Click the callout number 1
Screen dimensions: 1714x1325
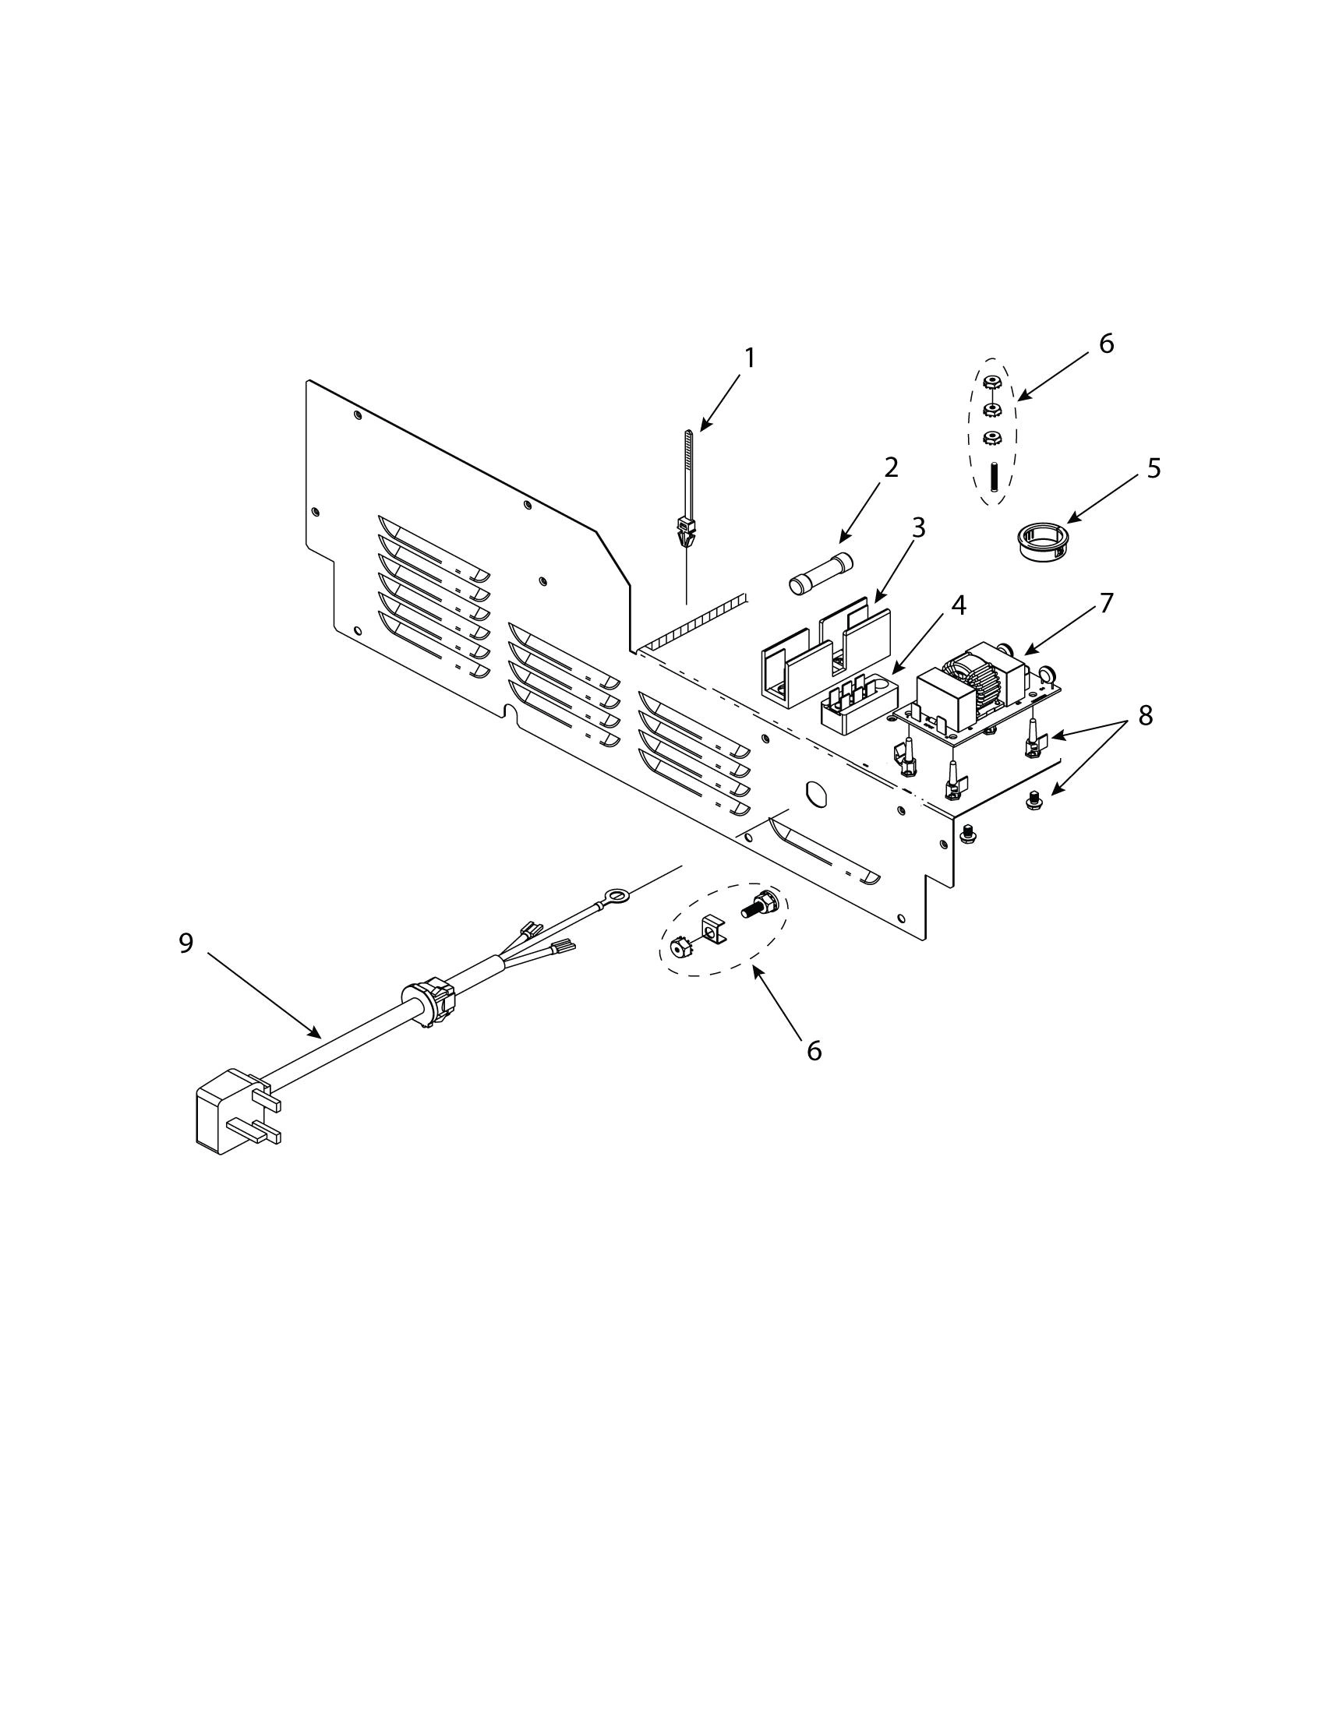pos(750,358)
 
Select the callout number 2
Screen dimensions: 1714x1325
pos(890,467)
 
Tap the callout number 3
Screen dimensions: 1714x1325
pos(917,527)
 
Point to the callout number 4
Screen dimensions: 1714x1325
pos(958,605)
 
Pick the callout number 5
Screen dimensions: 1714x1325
pos(1153,467)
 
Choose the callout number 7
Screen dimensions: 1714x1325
pos(1105,603)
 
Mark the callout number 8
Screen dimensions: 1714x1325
pos(1145,715)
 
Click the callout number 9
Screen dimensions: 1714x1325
pos(185,943)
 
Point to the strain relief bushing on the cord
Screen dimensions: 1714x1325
pos(428,1002)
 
